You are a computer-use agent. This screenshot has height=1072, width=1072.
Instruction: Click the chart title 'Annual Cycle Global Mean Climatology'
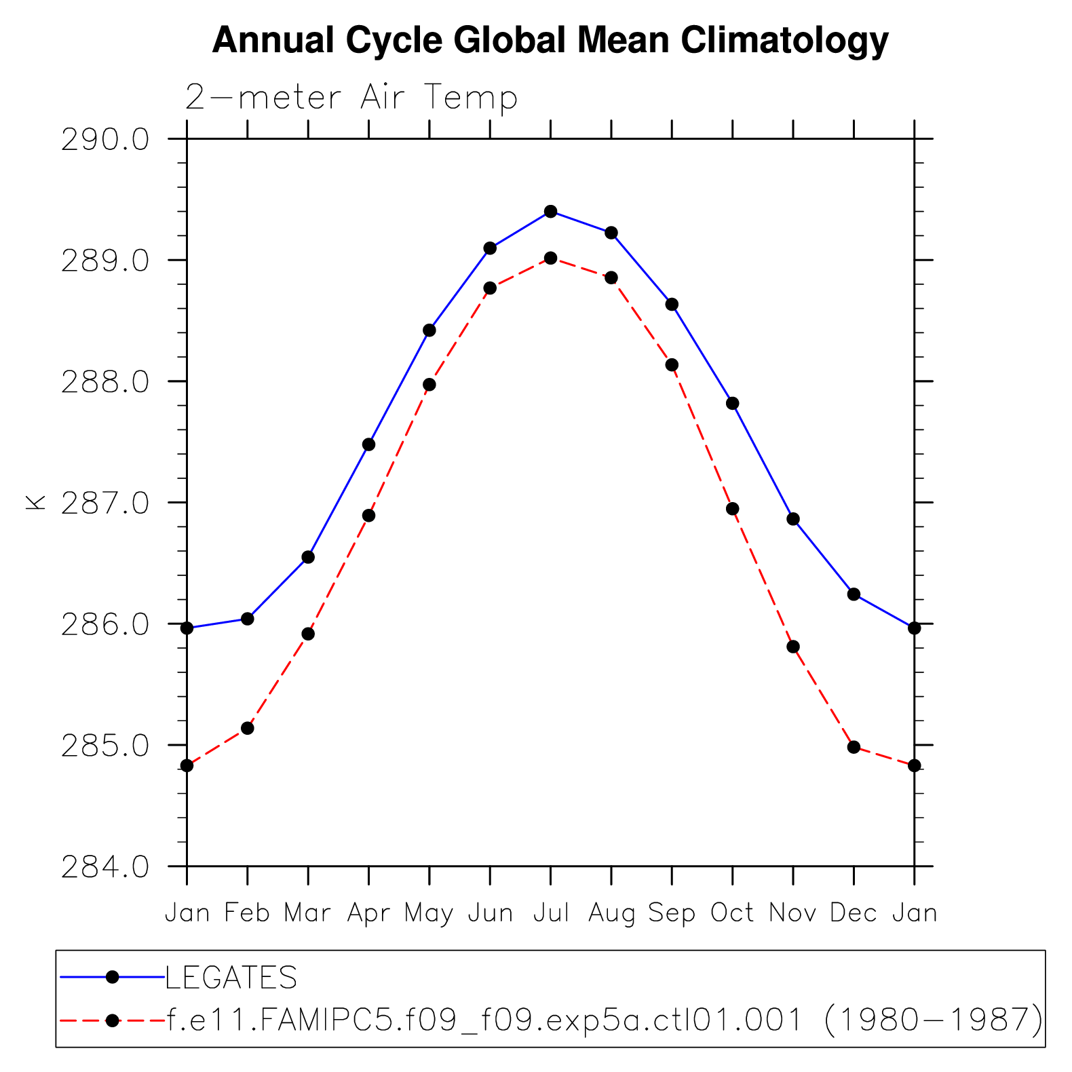coord(550,41)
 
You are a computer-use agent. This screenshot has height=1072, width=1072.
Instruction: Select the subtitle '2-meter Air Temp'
coord(351,98)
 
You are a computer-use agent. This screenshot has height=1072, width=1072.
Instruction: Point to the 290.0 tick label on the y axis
coord(105,140)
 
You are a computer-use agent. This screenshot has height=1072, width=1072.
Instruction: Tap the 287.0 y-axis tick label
coord(105,503)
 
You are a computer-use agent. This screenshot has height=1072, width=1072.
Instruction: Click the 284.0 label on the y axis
coord(105,867)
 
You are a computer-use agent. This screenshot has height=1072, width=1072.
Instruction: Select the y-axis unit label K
coord(35,502)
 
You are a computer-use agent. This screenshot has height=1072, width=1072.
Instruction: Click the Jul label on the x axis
coord(551,913)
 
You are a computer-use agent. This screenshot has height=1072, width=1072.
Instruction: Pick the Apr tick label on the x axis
coord(368,914)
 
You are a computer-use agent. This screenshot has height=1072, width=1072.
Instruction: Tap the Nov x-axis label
coord(792,913)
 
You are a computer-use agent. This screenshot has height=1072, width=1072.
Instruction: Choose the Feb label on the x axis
coord(248,913)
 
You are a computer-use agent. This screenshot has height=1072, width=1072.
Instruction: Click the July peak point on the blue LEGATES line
coord(550,212)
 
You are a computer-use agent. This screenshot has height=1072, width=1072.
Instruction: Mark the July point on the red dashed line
coord(550,258)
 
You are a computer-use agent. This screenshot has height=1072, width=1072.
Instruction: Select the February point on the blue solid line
coord(248,619)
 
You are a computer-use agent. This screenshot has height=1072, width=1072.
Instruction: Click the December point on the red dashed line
coord(854,747)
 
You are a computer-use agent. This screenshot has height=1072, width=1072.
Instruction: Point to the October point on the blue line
coord(732,404)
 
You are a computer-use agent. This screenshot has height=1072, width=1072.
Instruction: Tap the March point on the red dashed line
coord(308,634)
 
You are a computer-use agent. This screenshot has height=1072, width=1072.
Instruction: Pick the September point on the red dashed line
coord(672,365)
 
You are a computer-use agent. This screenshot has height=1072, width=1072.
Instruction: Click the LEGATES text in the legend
coord(231,978)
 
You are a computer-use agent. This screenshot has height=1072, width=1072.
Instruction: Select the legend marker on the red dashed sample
coord(113,1020)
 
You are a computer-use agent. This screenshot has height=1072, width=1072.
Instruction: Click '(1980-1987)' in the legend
coord(933,1020)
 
